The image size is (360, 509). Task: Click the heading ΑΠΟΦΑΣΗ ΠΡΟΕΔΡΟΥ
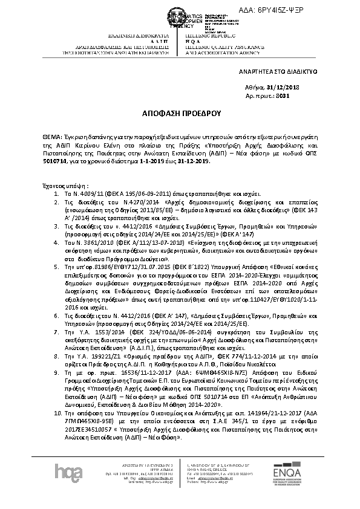179,113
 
